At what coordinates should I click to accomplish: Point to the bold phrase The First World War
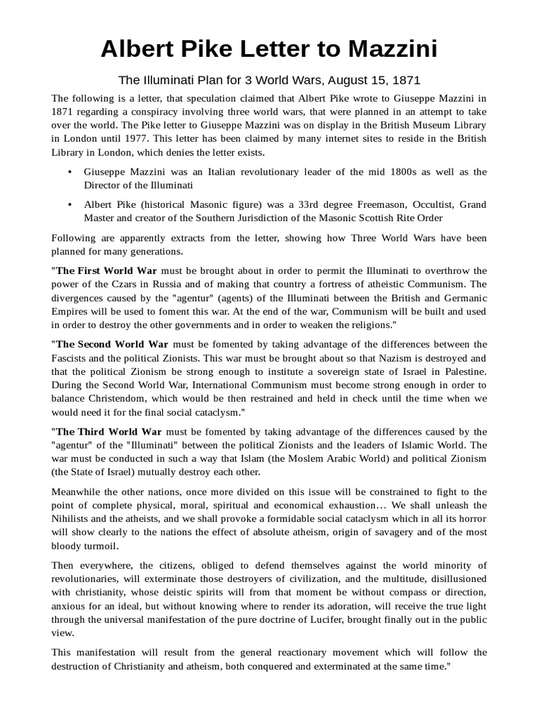(107, 271)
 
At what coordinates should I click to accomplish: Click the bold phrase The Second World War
(112, 344)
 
